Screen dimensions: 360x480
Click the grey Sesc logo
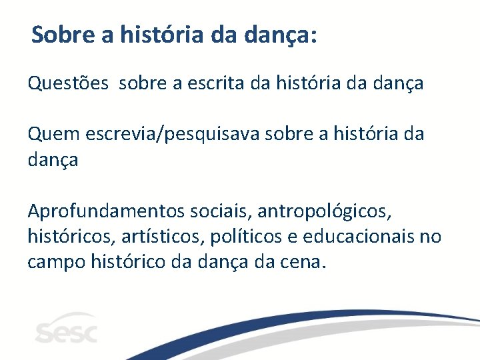coord(66,329)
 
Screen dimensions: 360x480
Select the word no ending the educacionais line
coord(431,237)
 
